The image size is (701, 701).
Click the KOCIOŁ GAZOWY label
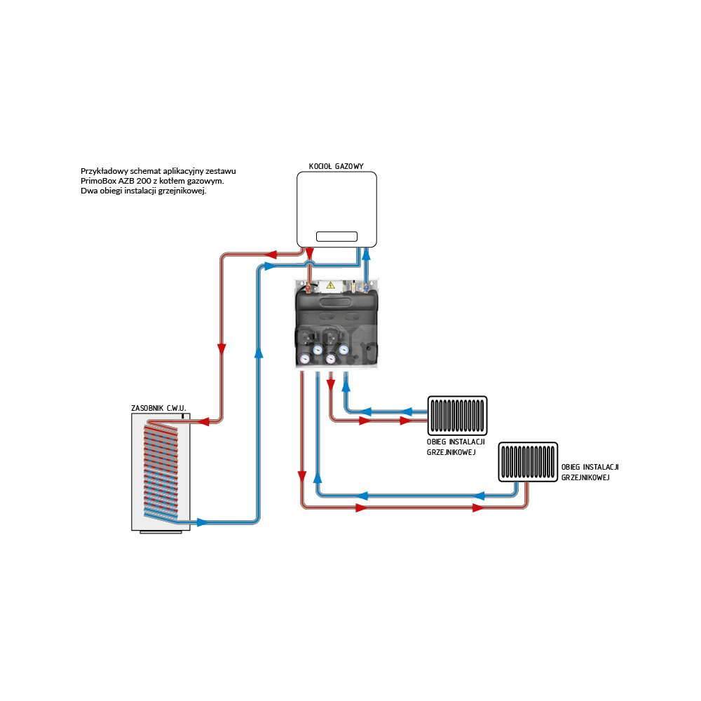pyautogui.click(x=336, y=167)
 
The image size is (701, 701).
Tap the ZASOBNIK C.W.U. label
pyautogui.click(x=158, y=408)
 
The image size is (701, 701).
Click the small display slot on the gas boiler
pyautogui.click(x=336, y=237)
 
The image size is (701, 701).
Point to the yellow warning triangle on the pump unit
pyautogui.click(x=330, y=285)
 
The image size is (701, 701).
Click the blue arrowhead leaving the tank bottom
pyautogui.click(x=202, y=522)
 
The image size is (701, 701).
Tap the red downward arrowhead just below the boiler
pyautogui.click(x=309, y=252)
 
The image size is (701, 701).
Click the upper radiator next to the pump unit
pyautogui.click(x=458, y=416)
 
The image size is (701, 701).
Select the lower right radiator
pyautogui.click(x=529, y=462)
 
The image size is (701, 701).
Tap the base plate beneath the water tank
pyautogui.click(x=161, y=531)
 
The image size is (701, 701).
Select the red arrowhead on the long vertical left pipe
pyautogui.click(x=222, y=348)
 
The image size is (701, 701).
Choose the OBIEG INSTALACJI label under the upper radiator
pyautogui.click(x=456, y=443)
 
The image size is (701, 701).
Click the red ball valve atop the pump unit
pyautogui.click(x=308, y=286)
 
